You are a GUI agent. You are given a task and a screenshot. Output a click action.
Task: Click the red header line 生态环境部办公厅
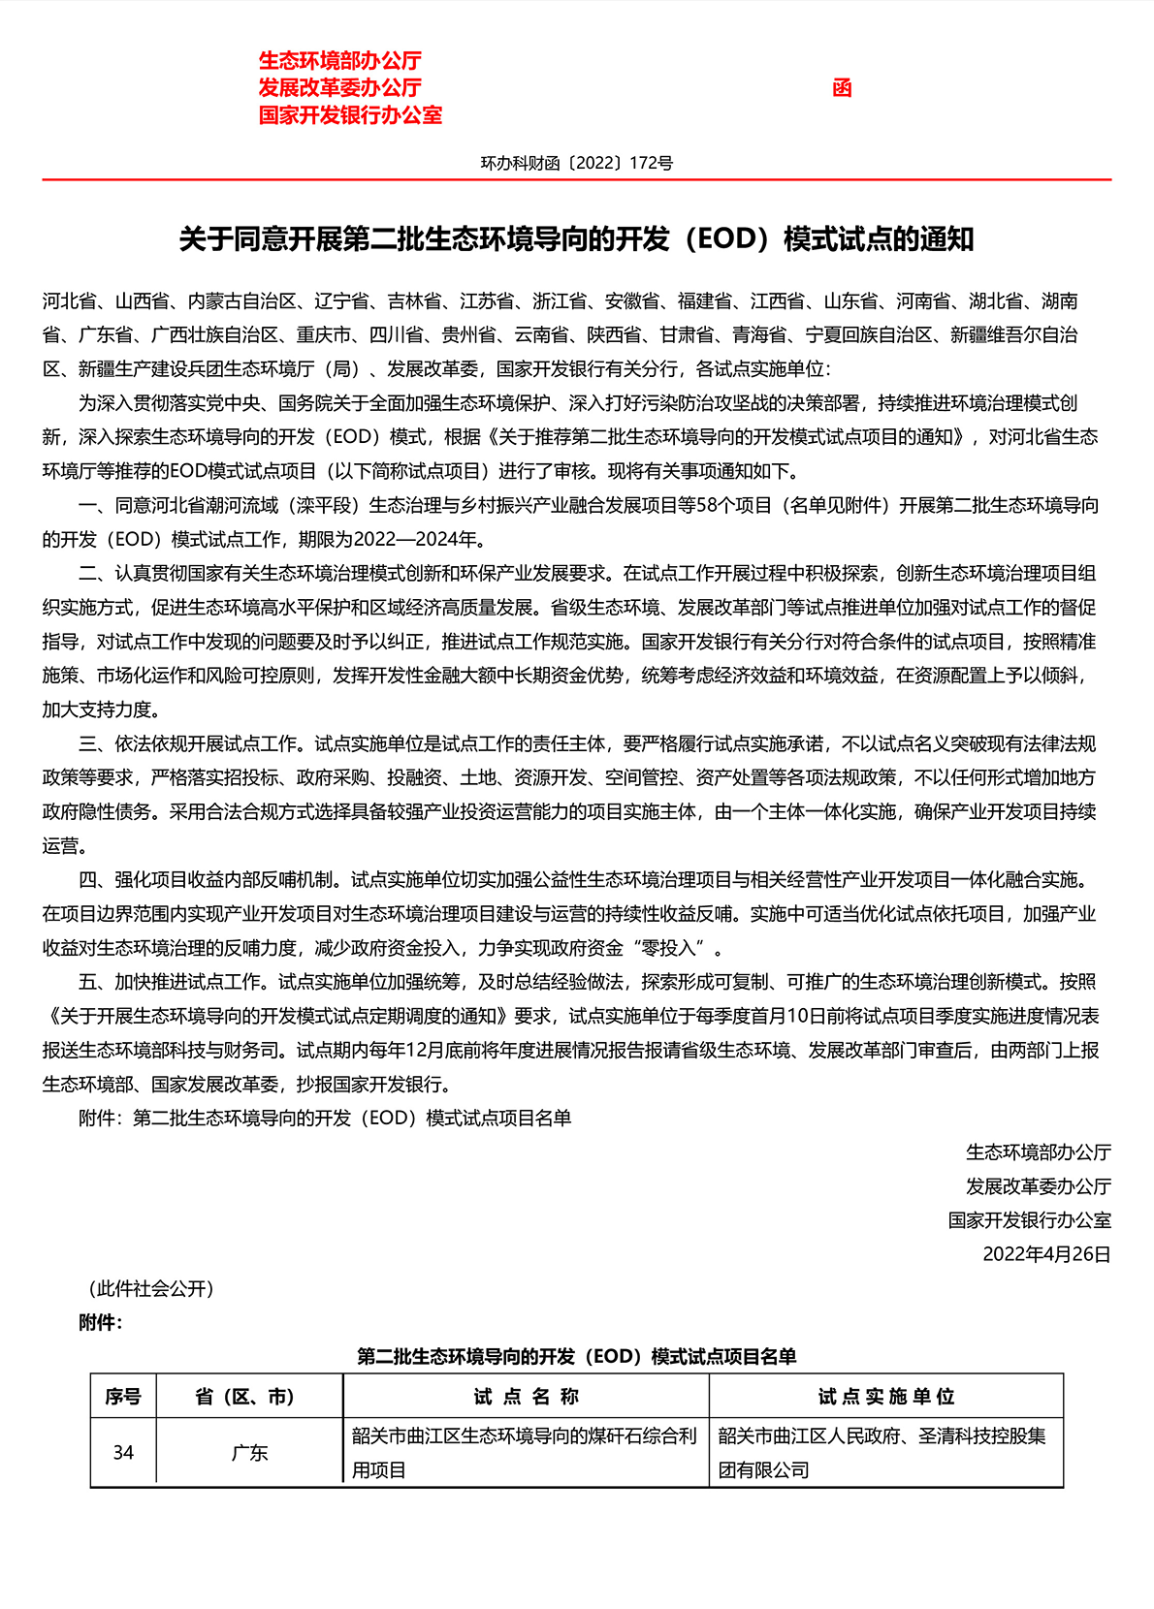tap(339, 60)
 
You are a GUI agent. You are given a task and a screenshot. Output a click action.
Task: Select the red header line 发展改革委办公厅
tap(339, 87)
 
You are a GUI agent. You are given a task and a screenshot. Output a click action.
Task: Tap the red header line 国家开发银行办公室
tap(350, 114)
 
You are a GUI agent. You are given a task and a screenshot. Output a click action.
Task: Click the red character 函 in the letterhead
tap(842, 88)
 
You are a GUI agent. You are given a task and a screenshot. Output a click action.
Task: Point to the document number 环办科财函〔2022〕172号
tap(576, 163)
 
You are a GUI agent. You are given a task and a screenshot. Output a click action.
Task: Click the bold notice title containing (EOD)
tap(576, 239)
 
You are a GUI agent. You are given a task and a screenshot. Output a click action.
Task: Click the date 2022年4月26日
tap(1046, 1254)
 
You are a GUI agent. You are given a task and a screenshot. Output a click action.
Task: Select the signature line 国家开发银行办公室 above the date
tap(1029, 1220)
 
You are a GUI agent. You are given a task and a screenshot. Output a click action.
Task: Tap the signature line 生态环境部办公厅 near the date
tap(1038, 1152)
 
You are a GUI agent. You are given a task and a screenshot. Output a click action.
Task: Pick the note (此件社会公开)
tap(150, 1288)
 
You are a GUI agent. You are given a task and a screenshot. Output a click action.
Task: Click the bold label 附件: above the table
tap(101, 1323)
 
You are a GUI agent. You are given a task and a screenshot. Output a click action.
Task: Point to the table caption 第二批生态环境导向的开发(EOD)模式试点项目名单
tap(576, 1356)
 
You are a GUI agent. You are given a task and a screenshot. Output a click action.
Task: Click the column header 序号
tap(123, 1397)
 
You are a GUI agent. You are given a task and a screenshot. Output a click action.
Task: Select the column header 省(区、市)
tap(249, 1397)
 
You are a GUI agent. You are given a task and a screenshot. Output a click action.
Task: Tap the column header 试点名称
tap(526, 1397)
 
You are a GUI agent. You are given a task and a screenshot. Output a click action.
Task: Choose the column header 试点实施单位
tap(885, 1397)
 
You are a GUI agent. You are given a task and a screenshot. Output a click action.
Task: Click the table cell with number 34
tap(123, 1452)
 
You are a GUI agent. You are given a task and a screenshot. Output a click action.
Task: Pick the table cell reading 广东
tap(249, 1452)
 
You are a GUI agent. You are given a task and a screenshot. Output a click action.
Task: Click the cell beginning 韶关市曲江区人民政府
tap(882, 1452)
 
